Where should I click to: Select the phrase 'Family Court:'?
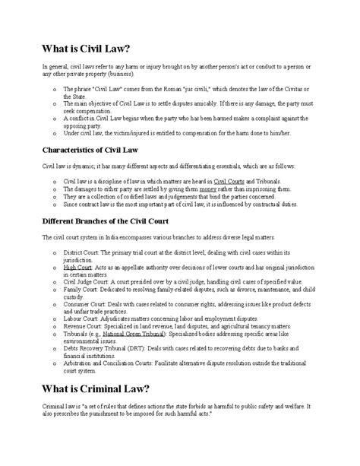click(x=81, y=289)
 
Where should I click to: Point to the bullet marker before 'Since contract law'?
click(x=54, y=204)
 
